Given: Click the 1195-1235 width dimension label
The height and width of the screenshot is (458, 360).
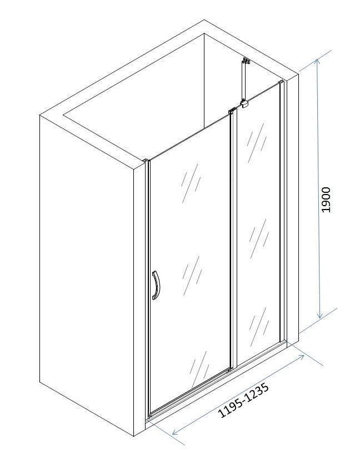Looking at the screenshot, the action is click(243, 400).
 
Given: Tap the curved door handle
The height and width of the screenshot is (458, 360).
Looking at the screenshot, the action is click(156, 285).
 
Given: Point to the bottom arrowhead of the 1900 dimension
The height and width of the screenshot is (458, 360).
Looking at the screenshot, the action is click(319, 316).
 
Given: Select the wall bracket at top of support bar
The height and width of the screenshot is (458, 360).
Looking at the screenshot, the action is click(246, 61).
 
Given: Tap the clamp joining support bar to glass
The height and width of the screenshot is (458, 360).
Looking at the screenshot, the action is click(244, 103).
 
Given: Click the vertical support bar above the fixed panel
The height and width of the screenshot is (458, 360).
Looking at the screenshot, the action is click(244, 82).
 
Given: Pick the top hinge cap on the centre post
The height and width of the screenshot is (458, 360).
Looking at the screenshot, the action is click(232, 111).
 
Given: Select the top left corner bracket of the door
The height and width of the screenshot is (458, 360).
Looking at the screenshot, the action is click(146, 161).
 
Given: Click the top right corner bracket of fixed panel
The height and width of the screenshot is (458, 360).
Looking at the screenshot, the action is click(281, 82).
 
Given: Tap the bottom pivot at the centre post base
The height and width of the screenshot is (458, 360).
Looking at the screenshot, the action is click(229, 371).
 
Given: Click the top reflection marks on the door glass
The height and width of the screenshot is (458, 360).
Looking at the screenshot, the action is click(191, 183).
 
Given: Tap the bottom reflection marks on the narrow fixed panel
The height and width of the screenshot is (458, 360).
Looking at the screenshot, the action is click(259, 327).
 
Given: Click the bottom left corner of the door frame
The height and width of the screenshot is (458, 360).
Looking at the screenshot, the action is click(150, 416).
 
